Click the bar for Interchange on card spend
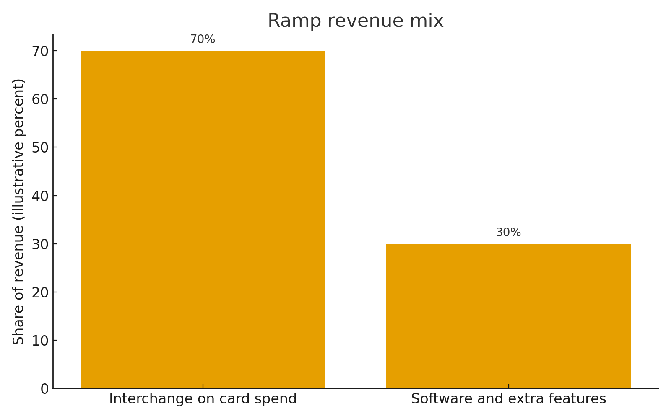[203, 220]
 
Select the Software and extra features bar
[508, 316]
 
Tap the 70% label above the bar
[203, 39]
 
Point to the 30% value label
[508, 233]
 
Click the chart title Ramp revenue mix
[355, 21]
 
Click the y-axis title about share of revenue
[19, 212]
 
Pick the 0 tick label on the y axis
[44, 389]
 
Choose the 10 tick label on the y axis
[40, 341]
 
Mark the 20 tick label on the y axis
[40, 292]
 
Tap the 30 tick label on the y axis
[40, 244]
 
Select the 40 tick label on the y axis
[40, 196]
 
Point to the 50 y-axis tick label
[40, 147]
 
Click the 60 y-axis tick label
[40, 99]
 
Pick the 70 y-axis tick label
[40, 51]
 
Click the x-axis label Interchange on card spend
[203, 399]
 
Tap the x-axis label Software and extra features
[508, 399]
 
